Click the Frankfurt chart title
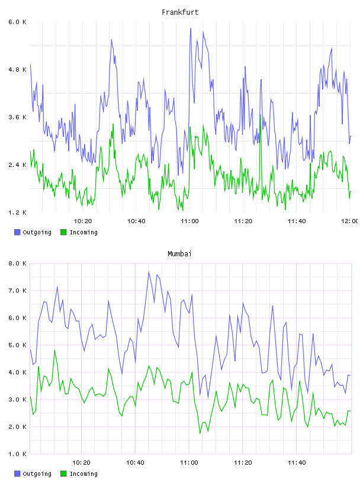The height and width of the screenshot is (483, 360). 180,12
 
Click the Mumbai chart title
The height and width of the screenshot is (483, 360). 179,253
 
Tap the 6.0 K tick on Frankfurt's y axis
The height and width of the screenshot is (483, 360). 17,22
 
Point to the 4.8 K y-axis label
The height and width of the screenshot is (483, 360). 17,70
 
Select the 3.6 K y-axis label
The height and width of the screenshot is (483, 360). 17,117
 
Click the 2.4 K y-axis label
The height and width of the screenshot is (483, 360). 17,165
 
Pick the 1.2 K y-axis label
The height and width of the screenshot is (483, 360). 17,212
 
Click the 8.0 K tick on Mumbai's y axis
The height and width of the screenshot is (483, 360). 17,263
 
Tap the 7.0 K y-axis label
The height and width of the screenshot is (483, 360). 17,291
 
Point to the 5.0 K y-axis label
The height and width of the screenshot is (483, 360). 17,345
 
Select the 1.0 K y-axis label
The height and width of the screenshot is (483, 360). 17,454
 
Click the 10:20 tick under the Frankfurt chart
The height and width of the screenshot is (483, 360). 83,221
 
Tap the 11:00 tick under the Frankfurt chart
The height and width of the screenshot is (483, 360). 189,221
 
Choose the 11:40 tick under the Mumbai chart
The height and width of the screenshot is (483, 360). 297,462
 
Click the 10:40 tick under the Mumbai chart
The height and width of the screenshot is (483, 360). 136,462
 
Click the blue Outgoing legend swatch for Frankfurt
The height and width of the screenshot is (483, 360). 17,232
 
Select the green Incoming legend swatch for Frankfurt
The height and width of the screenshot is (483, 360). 63,232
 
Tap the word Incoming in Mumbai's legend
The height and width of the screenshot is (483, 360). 83,474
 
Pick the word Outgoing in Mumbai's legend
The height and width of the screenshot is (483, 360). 37,474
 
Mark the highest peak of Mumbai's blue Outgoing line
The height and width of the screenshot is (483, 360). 149,272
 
